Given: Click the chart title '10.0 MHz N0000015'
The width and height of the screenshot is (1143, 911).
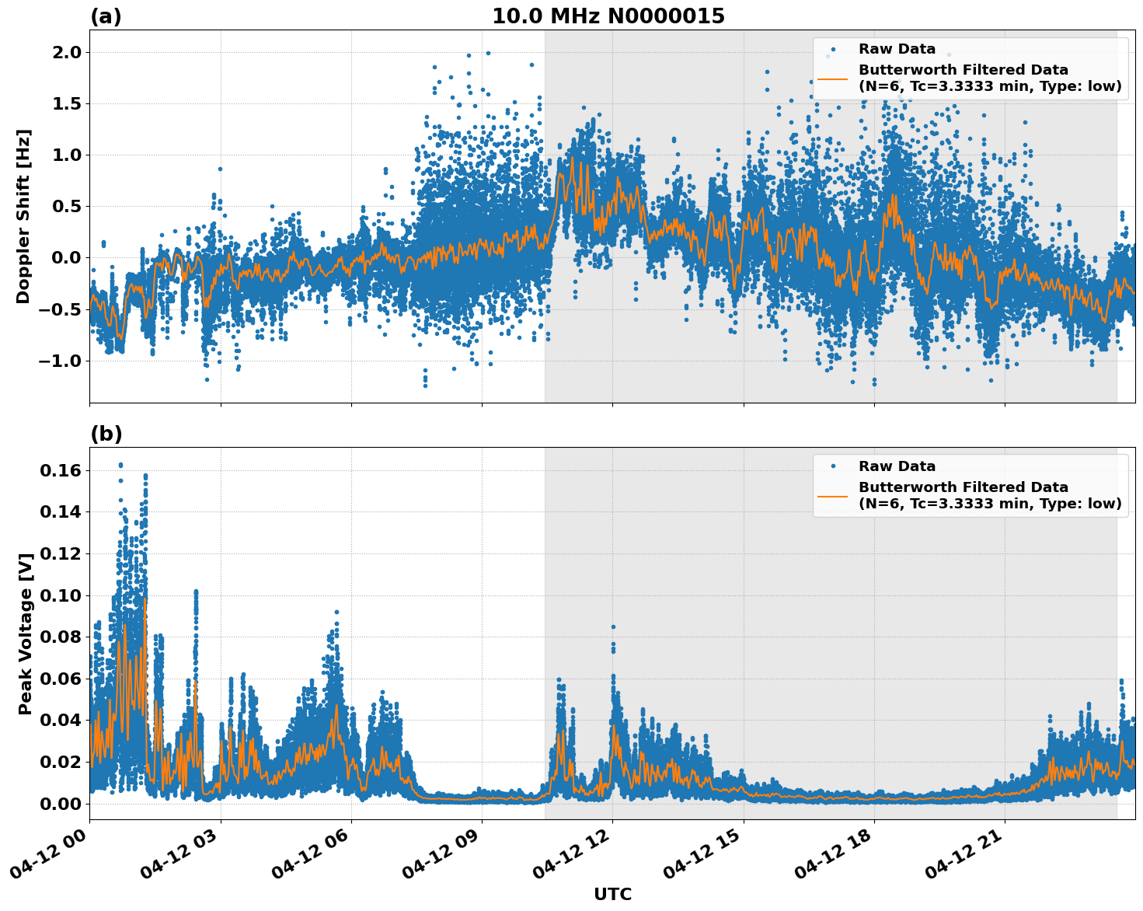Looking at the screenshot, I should coord(608,16).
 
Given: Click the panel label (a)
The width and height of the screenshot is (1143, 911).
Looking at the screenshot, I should coord(106,16).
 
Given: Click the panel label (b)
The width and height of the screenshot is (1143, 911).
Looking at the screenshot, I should coord(106,434).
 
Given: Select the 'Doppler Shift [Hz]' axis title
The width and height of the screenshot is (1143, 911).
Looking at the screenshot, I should coord(23,216).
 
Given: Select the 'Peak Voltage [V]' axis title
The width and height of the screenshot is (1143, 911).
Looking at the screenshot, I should coord(26,634).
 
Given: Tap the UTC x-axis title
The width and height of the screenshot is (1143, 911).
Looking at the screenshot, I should coord(612,894).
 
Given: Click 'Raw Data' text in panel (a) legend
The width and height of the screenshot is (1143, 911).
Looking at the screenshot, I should coord(897,49).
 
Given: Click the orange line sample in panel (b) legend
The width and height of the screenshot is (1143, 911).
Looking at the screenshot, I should coord(832,495).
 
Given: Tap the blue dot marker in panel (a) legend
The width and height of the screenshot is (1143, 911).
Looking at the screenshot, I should coord(832,49).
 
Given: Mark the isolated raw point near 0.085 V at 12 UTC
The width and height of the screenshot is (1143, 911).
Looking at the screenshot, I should coord(613,627).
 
